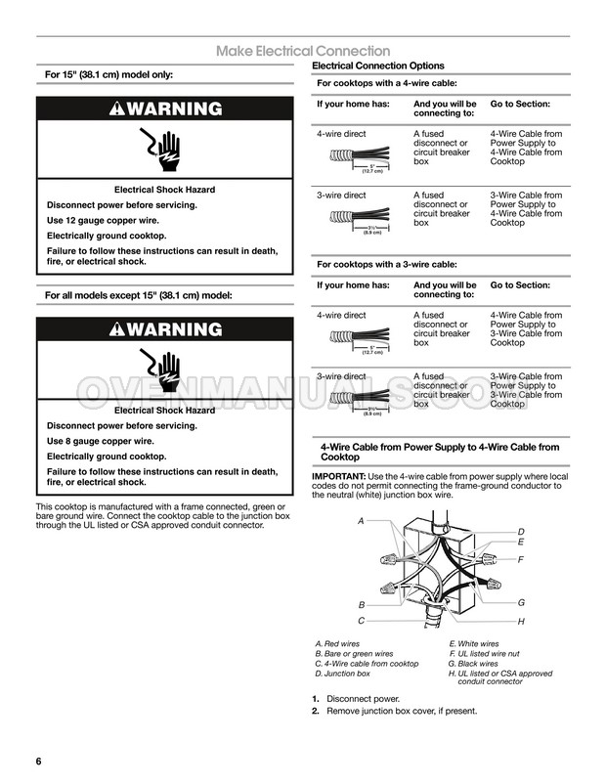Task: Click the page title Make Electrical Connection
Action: (x=303, y=51)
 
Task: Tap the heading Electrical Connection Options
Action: (x=377, y=65)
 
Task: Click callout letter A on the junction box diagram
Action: (x=361, y=522)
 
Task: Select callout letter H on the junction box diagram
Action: (x=521, y=622)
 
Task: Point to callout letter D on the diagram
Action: (x=521, y=531)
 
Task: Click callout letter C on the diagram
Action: (x=361, y=621)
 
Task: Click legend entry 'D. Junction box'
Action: (x=342, y=674)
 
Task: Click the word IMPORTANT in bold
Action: (x=338, y=476)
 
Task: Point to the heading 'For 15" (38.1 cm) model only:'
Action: (x=109, y=74)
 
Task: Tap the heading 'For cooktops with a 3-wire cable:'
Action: (x=388, y=264)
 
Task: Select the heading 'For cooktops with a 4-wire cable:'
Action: (x=388, y=83)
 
